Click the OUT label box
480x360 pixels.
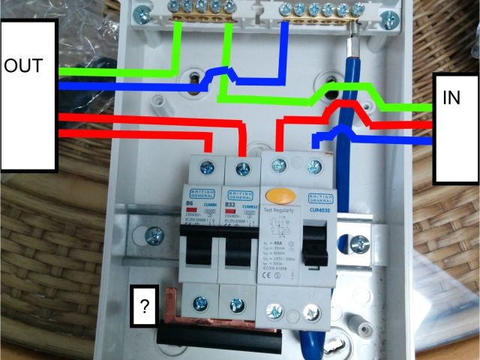pyautogui.click(x=28, y=94)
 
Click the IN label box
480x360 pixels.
pyautogui.click(x=457, y=127)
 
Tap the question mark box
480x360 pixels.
pyautogui.click(x=144, y=306)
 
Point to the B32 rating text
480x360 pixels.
pyautogui.click(x=232, y=202)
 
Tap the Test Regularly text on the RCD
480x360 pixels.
pyautogui.click(x=278, y=212)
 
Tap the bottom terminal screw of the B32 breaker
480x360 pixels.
pyautogui.click(x=237, y=303)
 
